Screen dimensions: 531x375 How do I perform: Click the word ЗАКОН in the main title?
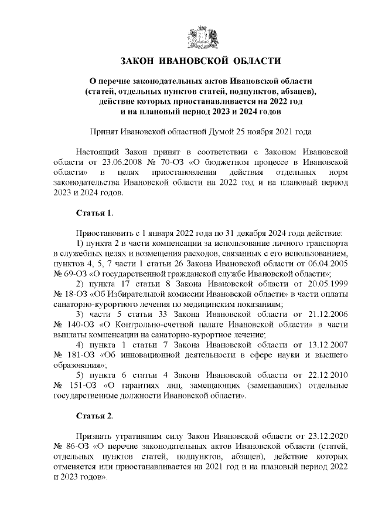pyautogui.click(x=140, y=61)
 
